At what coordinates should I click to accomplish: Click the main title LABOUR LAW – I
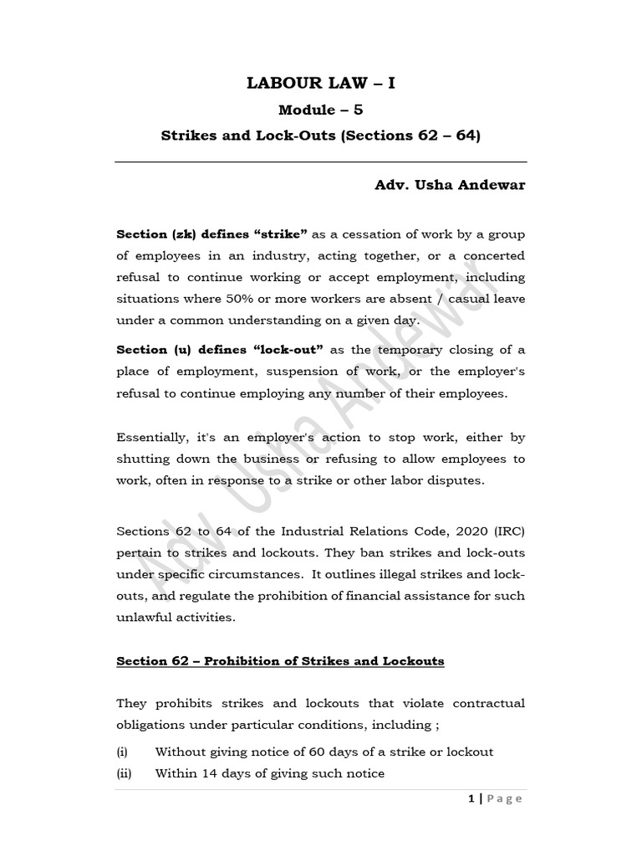click(x=320, y=82)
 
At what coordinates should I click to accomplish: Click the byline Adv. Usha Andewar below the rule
click(x=450, y=185)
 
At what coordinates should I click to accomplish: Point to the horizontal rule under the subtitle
click(x=320, y=162)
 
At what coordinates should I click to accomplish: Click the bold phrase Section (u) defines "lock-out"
click(x=221, y=350)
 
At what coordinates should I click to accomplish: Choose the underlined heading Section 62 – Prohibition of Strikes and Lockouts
click(x=280, y=661)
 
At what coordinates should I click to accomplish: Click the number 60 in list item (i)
click(x=304, y=752)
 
